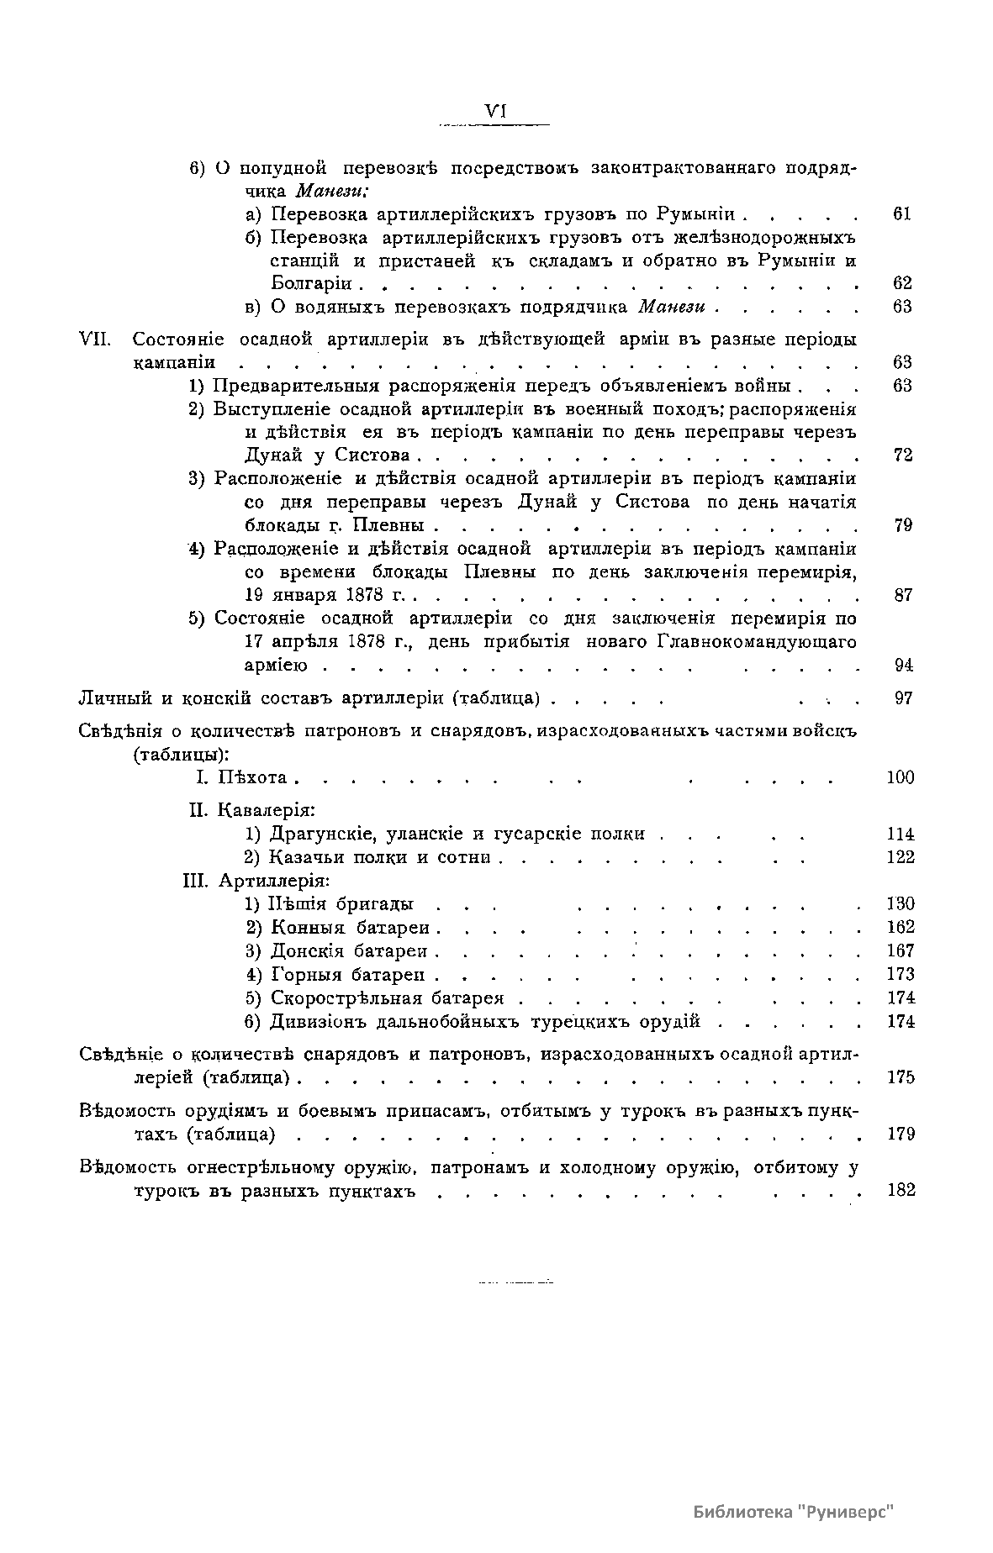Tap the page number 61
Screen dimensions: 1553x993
[902, 213]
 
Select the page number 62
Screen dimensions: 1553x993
[902, 283]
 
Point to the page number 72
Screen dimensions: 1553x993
[902, 455]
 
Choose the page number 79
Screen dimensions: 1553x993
[902, 526]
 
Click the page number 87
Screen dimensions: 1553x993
[902, 596]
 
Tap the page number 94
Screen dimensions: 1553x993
[902, 666]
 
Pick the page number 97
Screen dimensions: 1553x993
[902, 698]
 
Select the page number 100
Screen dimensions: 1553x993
[901, 777]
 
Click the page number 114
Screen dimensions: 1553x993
[901, 834]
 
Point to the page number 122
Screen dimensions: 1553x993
[901, 857]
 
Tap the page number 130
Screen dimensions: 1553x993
[901, 904]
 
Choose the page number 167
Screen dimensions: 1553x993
[901, 951]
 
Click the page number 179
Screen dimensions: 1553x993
[901, 1134]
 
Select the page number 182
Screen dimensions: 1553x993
[901, 1191]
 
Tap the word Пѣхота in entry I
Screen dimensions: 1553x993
[253, 777]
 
